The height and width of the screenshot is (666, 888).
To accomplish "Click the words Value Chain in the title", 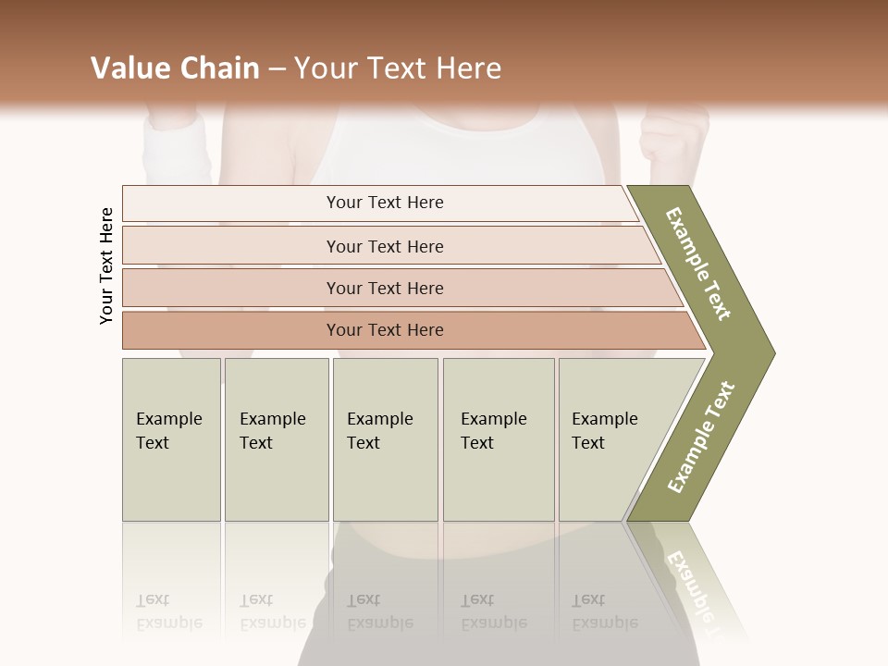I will point(175,68).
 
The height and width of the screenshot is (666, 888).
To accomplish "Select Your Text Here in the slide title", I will point(398,68).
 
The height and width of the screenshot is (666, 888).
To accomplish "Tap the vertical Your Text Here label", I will point(107,265).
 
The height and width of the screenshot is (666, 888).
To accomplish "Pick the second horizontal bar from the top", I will point(385,246).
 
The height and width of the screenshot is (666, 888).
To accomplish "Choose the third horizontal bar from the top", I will point(385,288).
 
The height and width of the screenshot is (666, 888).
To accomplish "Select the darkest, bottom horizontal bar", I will point(385,330).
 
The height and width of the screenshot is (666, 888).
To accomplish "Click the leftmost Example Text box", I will point(171,439).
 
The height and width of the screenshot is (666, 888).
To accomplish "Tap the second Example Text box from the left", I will point(277,439).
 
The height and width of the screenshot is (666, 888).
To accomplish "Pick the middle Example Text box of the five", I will point(385,439).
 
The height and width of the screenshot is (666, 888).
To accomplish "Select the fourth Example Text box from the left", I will point(499,439).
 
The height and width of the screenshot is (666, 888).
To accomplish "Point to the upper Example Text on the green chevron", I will point(698,264).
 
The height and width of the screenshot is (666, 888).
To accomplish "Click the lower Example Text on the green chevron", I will point(700,438).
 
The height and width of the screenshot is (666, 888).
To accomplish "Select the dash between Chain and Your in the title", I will point(277,69).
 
